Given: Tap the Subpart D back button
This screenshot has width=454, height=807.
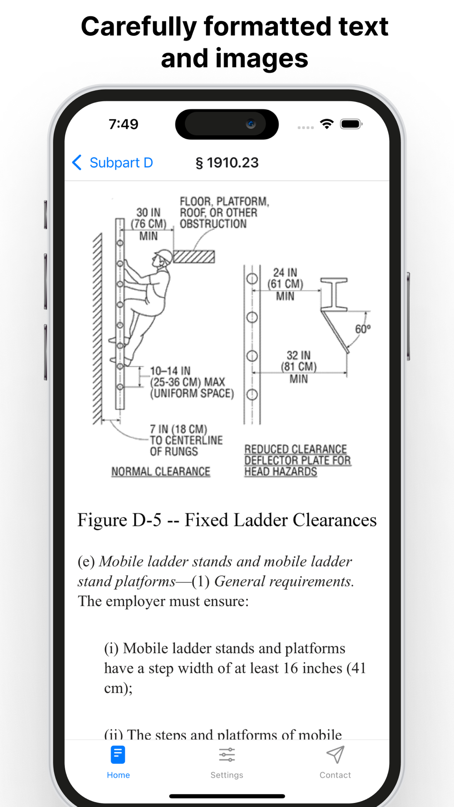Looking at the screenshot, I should (x=113, y=162).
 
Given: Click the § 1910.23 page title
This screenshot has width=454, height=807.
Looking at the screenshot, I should (x=227, y=162).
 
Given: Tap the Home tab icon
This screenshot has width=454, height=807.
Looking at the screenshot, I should (x=118, y=755).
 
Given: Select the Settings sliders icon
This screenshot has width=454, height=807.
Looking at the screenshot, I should (x=227, y=755).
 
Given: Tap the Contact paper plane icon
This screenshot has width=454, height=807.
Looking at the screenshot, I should (x=335, y=755).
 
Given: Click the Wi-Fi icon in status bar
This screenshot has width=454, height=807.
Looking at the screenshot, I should (x=326, y=124).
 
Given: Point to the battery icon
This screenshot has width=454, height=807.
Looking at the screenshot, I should (x=351, y=124).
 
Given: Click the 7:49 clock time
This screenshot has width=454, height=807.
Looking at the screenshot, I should (x=123, y=124).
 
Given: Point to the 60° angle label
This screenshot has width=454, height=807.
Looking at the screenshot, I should (x=363, y=329).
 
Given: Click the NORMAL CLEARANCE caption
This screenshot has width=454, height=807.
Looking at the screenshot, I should (x=161, y=472).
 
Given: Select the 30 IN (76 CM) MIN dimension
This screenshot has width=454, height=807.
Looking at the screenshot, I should (x=148, y=224).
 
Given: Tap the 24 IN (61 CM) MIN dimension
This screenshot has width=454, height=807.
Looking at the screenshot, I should (x=285, y=284).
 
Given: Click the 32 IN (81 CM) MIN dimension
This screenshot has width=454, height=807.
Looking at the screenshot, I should (x=299, y=367).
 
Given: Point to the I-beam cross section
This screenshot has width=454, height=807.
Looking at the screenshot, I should (x=334, y=295).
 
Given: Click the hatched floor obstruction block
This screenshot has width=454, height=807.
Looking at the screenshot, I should (x=194, y=257).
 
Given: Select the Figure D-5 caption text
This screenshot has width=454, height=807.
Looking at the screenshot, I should (x=227, y=520).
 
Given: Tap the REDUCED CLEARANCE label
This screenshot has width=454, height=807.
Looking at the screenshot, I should (x=296, y=449).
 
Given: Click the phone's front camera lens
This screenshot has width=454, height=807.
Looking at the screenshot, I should (x=251, y=124).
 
